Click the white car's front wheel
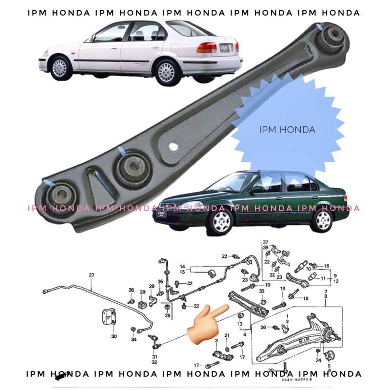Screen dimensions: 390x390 tap(60, 67)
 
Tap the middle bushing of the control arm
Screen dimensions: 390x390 tap(132, 168)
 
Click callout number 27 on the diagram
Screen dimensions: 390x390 tap(91, 275)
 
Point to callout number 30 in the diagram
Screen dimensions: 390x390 tap(114, 336)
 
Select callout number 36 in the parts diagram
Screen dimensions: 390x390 tap(131, 290)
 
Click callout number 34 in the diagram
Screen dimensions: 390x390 tap(133, 339)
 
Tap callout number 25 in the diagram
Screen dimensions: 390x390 tap(167, 316)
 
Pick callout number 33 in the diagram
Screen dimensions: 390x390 tap(262, 291)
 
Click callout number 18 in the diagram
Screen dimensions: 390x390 tap(306, 298)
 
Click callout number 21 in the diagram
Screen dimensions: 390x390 tap(227, 336)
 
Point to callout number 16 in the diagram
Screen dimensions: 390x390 tap(327, 266)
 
